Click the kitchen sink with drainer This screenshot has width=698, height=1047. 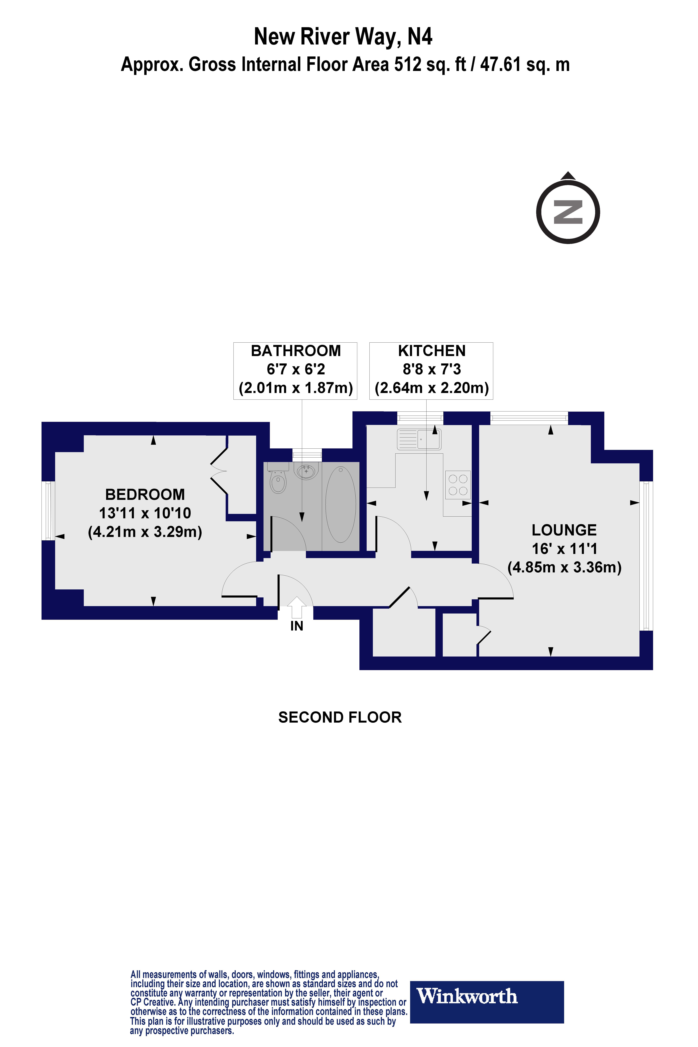tap(419, 439)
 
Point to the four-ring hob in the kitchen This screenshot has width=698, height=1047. tap(458, 485)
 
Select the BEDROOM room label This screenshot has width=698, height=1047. tap(145, 495)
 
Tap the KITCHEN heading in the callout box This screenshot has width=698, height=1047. tap(432, 351)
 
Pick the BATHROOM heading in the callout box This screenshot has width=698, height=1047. tap(296, 351)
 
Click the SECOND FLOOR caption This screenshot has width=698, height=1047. tap(340, 718)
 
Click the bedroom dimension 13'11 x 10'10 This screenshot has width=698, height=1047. tap(145, 513)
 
